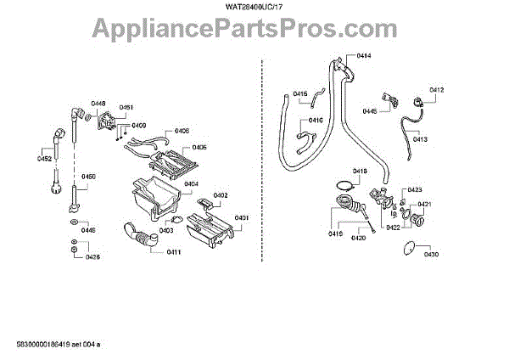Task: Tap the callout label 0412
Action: tap(437, 89)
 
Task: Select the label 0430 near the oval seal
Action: tap(431, 254)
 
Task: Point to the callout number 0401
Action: tap(243, 218)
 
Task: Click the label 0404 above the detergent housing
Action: tap(191, 183)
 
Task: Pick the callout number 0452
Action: tap(44, 158)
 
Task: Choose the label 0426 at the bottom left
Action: tap(92, 256)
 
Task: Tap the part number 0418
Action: tap(361, 171)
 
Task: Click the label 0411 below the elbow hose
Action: tap(174, 253)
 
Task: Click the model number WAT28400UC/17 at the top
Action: tap(254, 8)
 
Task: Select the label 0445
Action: tap(370, 111)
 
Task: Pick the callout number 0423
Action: tap(415, 189)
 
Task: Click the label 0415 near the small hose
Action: tap(300, 93)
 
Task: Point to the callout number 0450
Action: tap(88, 177)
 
